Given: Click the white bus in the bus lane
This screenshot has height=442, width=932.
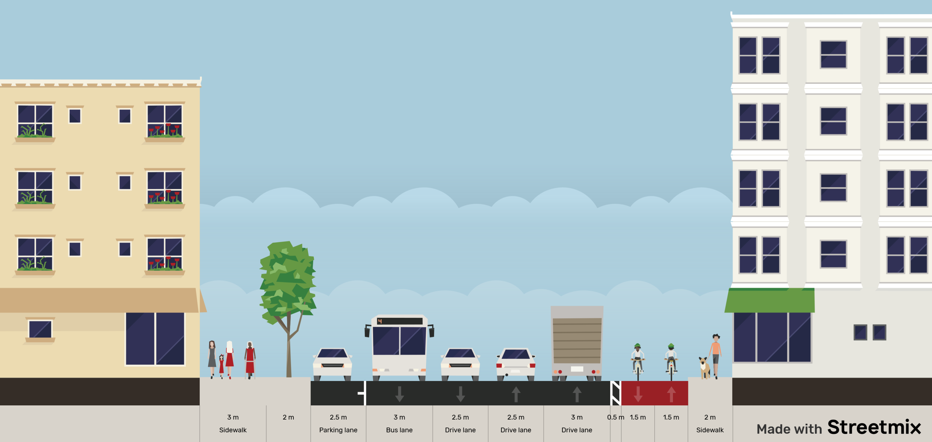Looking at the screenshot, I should point(399,347).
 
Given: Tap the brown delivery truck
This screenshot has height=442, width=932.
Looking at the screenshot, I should point(577,342).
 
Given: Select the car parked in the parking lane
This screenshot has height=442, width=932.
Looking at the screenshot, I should point(332,363).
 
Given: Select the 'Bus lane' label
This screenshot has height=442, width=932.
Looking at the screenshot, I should point(399,430).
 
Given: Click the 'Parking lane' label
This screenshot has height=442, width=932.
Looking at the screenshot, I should point(338,430).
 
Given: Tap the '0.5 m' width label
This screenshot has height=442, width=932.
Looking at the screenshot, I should point(615,417).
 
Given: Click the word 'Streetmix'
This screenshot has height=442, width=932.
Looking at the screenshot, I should point(874,427).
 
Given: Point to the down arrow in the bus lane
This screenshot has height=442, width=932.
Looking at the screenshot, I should point(399,394).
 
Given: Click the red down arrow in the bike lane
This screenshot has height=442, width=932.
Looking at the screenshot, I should point(638,394).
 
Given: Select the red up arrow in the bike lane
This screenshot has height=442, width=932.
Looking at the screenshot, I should point(671,394).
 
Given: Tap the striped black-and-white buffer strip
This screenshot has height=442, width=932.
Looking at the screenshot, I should point(615,393).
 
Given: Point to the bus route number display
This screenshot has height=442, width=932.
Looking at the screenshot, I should point(379,321).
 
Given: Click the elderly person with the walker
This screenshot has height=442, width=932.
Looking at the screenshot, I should point(250,359).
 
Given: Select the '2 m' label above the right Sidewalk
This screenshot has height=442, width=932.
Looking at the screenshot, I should point(710,417).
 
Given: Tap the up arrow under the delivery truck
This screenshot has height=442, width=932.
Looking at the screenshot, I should point(577,394).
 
